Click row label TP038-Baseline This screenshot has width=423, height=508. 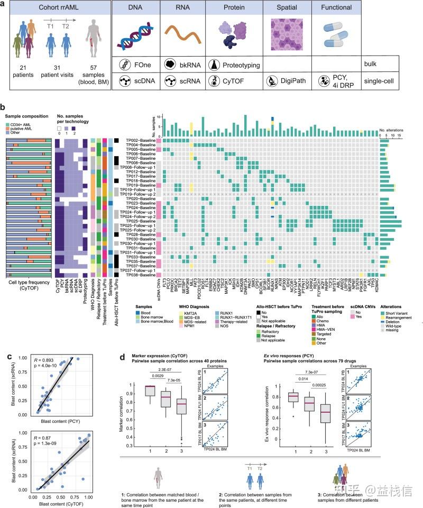(x=140, y=276)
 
